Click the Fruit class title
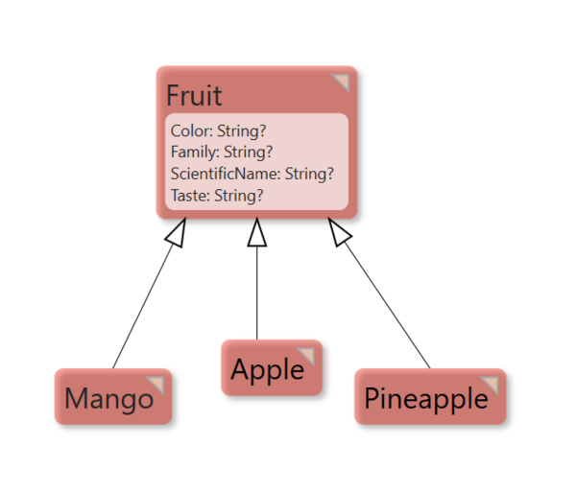pyautogui.click(x=194, y=96)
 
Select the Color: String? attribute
pyautogui.click(x=218, y=131)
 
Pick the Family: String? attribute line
pyautogui.click(x=222, y=152)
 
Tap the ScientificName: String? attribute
pyautogui.click(x=252, y=174)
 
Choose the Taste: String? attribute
pyautogui.click(x=217, y=196)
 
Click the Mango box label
pyautogui.click(x=108, y=400)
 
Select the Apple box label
pyautogui.click(x=268, y=370)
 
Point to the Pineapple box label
pyautogui.click(x=426, y=400)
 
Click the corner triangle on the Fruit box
pyautogui.click(x=341, y=82)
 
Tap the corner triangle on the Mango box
pyautogui.click(x=156, y=385)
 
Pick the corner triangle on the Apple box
pyautogui.click(x=306, y=356)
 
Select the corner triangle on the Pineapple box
pyautogui.click(x=490, y=385)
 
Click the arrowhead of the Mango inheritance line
pyautogui.click(x=177, y=233)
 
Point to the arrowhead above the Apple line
pyautogui.click(x=257, y=232)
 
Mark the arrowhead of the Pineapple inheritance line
pyautogui.click(x=339, y=232)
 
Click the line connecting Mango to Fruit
pyautogui.click(x=143, y=306)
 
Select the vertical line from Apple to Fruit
pyautogui.click(x=257, y=293)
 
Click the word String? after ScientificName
pyautogui.click(x=309, y=174)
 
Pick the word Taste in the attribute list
pyautogui.click(x=190, y=196)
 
